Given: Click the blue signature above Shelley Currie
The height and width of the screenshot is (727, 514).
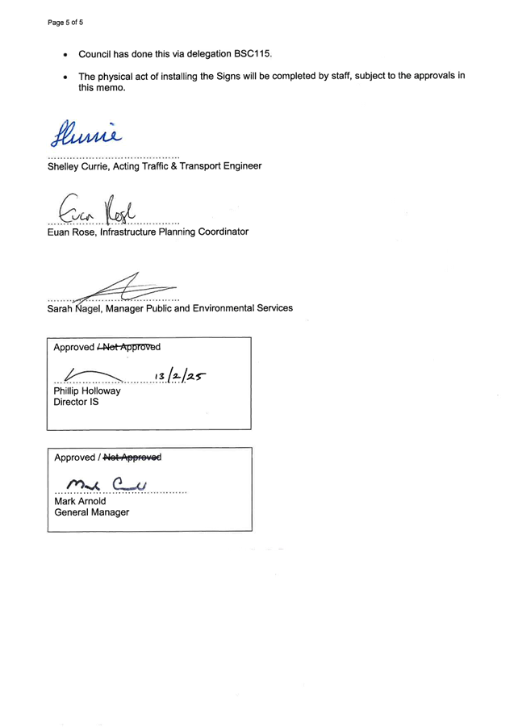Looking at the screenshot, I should tap(89, 134).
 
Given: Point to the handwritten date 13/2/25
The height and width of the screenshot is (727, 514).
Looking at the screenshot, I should tap(180, 376).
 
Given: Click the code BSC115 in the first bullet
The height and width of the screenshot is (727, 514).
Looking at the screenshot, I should tap(252, 54).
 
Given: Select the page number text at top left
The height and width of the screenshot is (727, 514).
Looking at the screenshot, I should tap(65, 23).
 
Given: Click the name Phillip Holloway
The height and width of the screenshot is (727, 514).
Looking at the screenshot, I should tap(86, 391).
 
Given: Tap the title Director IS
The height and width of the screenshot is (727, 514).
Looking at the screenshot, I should tap(76, 401).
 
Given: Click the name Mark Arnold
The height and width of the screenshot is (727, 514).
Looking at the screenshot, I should tap(80, 501).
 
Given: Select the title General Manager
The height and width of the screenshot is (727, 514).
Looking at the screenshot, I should tap(91, 512).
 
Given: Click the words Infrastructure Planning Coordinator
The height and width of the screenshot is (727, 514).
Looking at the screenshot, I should tap(173, 232).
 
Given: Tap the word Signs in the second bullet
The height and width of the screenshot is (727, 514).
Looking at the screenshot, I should tap(231, 77).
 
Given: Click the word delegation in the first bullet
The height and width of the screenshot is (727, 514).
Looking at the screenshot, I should tap(209, 54).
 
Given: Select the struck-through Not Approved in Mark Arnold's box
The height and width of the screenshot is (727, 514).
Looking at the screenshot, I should tap(132, 458).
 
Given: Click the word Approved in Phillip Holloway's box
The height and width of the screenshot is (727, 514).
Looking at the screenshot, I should tap(73, 347).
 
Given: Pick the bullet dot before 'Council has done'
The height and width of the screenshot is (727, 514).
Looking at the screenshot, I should tap(65, 55).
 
